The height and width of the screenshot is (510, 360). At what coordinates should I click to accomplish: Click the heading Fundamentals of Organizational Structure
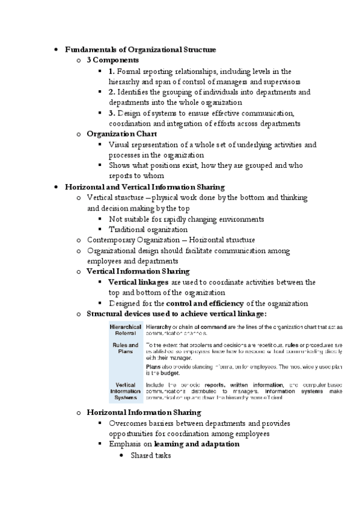click(x=140, y=49)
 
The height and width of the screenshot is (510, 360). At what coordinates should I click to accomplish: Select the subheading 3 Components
click(x=112, y=60)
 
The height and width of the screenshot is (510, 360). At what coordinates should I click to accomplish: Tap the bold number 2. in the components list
click(x=112, y=92)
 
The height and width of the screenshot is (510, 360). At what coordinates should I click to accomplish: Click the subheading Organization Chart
click(x=121, y=134)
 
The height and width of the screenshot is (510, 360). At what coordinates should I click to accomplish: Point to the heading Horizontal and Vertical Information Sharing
click(x=144, y=187)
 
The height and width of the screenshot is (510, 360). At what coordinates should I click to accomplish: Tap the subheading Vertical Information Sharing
click(x=138, y=272)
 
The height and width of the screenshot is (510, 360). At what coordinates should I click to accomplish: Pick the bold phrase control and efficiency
click(x=204, y=303)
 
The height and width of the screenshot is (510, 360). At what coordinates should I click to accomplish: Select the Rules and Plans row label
click(x=125, y=348)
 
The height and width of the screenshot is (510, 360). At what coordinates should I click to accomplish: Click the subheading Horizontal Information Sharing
click(x=144, y=413)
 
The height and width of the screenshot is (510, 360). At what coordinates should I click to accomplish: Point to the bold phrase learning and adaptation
click(x=197, y=444)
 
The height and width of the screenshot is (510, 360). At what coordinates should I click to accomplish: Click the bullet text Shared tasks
click(x=151, y=455)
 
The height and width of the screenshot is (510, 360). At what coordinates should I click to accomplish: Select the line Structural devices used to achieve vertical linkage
click(x=176, y=314)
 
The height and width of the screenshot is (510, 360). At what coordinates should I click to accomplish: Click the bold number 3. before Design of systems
click(x=112, y=113)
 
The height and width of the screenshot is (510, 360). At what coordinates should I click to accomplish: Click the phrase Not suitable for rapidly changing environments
click(x=186, y=219)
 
